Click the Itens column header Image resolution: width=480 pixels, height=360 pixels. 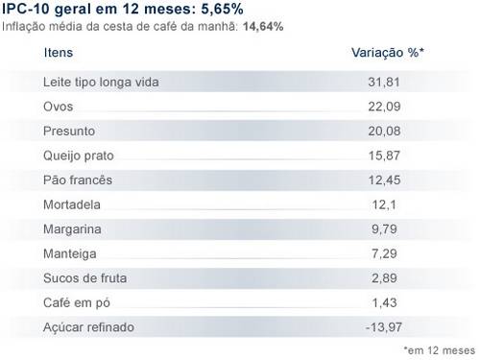[59, 53]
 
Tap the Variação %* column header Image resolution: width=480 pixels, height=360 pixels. [388, 53]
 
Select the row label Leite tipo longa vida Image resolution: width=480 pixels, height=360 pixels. [101, 83]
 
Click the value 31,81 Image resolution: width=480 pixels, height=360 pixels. [384, 83]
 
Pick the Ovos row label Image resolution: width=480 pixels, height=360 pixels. [59, 107]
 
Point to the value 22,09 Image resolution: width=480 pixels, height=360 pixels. [384, 107]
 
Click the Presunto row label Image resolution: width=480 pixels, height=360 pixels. [69, 132]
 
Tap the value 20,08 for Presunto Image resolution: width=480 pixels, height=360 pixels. [384, 132]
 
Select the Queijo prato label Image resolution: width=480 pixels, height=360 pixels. [79, 156]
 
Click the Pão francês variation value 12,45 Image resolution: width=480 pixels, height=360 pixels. [384, 180]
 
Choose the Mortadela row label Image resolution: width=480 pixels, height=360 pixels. [72, 204]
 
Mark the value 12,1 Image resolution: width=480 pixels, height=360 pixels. [384, 204]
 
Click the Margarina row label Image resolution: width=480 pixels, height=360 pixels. [72, 229]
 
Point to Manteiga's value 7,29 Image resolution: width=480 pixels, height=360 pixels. [384, 253]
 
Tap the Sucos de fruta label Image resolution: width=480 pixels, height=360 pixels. [85, 278]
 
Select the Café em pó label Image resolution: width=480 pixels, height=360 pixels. [77, 303]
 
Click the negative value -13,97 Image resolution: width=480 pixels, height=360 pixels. [384, 327]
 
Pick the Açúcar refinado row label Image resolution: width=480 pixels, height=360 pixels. [88, 327]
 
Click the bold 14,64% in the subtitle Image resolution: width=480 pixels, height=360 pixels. [263, 27]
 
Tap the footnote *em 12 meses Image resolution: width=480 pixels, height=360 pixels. [440, 350]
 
